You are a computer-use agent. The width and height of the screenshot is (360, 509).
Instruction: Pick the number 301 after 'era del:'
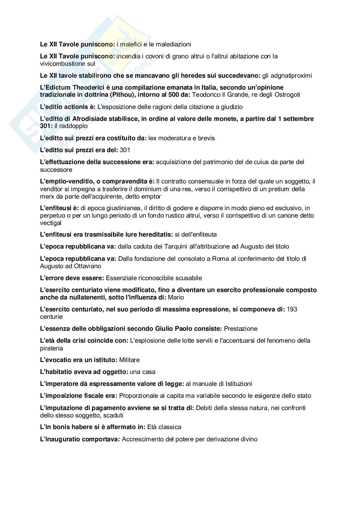125,150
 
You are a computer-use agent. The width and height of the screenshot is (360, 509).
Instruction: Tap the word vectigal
51,223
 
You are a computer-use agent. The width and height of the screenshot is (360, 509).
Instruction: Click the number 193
292,309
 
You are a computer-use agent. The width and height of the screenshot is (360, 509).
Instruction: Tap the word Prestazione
241,329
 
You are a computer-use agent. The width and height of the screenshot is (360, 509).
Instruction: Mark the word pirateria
52,348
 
